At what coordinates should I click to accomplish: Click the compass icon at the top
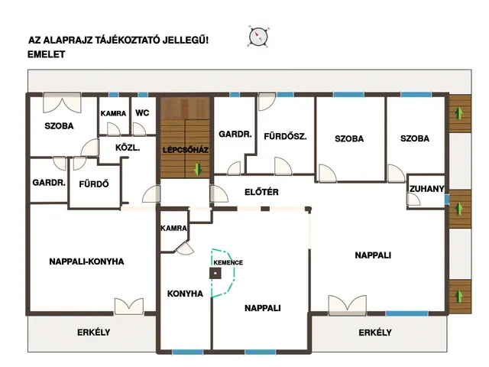coord(258,37)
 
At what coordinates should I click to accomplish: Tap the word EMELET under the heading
coord(46,54)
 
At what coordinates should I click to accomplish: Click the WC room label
coord(142,112)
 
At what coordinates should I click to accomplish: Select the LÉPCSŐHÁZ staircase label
coord(185,150)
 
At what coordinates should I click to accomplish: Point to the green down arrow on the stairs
coord(198,170)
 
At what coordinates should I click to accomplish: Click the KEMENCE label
coord(228,262)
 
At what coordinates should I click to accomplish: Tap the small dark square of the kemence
coord(215,274)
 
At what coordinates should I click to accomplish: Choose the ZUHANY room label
coord(426,189)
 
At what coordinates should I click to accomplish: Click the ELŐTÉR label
coord(261,192)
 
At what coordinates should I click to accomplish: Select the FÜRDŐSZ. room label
coord(285,136)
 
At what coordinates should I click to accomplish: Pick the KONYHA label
coord(185,294)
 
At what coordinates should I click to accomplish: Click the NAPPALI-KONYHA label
coord(86,261)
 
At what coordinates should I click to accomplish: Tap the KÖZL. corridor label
coord(128,148)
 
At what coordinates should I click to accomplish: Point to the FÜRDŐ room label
coord(93,184)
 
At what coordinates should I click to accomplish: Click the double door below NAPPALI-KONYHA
coord(129,306)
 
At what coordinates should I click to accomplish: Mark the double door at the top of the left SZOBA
coord(62,102)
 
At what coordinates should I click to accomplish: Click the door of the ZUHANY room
coord(413,199)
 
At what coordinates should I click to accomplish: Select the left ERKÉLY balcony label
coord(93,333)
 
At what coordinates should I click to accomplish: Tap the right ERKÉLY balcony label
coord(375,333)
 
